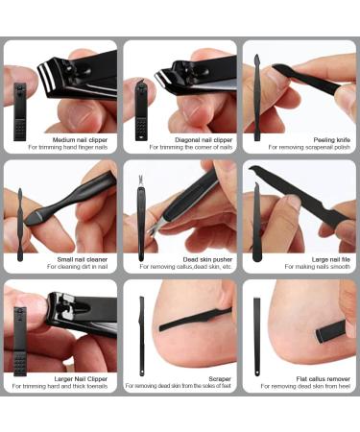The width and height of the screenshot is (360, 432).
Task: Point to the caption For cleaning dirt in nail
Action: [71, 268]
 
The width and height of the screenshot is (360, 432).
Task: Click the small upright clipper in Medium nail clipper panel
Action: [21, 106]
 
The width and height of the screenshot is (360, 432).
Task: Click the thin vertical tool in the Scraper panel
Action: [141, 335]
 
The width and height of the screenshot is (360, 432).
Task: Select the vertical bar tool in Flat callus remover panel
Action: [257, 335]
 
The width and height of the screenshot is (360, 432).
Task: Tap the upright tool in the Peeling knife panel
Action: [257, 101]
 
